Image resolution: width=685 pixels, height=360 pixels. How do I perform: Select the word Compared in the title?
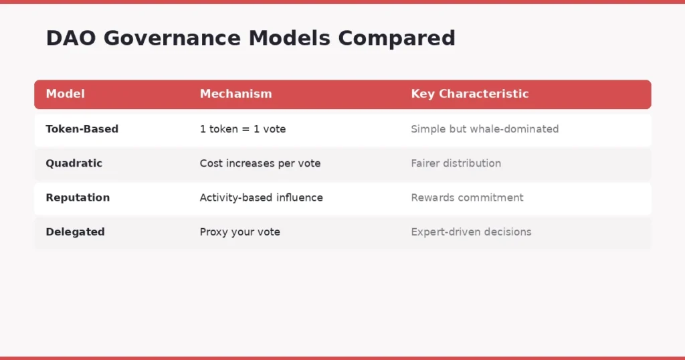(x=396, y=38)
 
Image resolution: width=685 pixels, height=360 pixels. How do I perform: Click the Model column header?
(x=66, y=94)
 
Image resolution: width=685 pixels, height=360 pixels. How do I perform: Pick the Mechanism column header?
(x=235, y=94)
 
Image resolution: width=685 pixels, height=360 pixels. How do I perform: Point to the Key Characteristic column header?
(x=470, y=94)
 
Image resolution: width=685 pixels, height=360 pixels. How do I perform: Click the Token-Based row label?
(x=82, y=129)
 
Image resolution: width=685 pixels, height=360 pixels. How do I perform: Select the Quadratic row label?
(x=74, y=163)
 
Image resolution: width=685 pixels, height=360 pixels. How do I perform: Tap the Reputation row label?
(x=78, y=197)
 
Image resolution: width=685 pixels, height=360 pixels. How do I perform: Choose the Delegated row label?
(x=75, y=232)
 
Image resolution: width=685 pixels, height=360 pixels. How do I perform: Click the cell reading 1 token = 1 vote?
(x=242, y=129)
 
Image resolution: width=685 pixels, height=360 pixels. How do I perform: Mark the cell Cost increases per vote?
(x=260, y=163)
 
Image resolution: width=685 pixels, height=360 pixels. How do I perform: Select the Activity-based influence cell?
(x=261, y=197)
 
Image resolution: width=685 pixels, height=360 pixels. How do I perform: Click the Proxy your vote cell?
(x=239, y=232)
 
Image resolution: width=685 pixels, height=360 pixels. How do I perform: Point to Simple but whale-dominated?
(x=484, y=129)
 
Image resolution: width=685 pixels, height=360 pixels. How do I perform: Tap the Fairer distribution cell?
(x=456, y=163)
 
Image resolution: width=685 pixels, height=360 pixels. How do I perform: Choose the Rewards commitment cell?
(x=467, y=197)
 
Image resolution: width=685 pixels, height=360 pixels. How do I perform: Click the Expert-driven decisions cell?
(x=471, y=232)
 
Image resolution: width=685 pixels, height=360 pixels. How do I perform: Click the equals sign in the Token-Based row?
(x=246, y=129)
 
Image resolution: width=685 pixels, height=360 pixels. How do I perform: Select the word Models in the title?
(x=291, y=38)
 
